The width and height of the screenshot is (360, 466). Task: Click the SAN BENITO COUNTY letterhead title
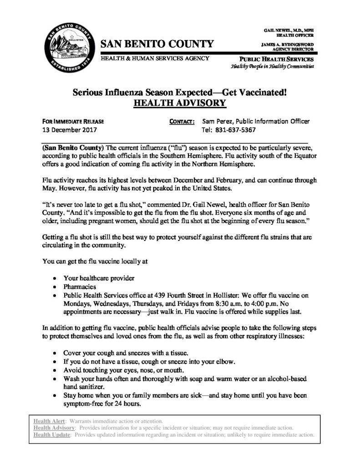coord(157,44)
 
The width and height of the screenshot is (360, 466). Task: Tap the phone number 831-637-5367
coord(233,130)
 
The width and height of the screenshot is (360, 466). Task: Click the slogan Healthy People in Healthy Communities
coord(272,66)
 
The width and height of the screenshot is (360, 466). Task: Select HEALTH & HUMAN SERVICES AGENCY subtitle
coord(155,58)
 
